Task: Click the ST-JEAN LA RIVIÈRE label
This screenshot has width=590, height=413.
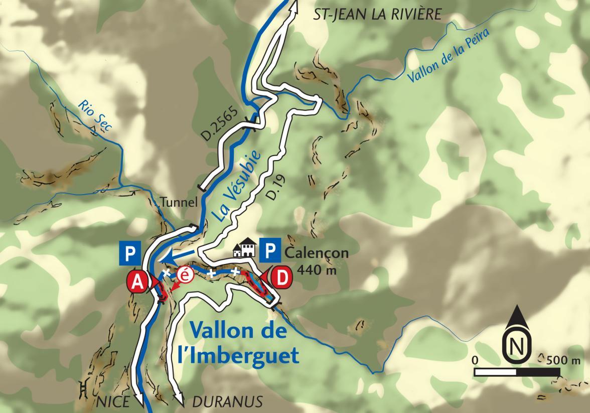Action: [x=377, y=14]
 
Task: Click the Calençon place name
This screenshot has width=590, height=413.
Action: [x=316, y=252]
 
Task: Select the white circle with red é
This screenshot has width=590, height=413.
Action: [x=185, y=274]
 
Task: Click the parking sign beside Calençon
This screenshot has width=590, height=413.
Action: [x=270, y=249]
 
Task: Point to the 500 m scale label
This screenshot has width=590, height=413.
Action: [x=562, y=360]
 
